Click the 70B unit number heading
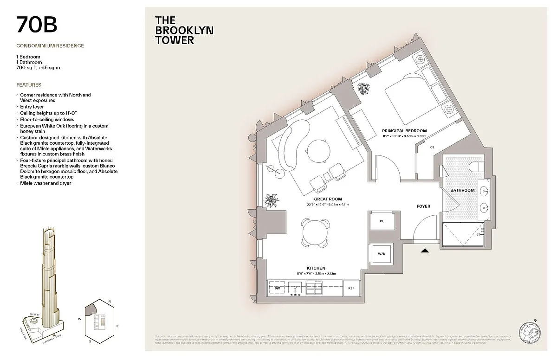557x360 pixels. (37, 26)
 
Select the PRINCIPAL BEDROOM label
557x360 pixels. (404, 131)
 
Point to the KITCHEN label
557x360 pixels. (316, 268)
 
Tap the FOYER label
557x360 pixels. (423, 206)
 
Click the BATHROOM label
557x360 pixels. (462, 190)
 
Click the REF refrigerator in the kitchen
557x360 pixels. (351, 288)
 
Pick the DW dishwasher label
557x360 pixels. (277, 288)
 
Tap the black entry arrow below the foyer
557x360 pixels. (425, 251)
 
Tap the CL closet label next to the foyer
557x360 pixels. (382, 221)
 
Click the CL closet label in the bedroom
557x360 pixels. (432, 147)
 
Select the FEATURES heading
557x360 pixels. (29, 85)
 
